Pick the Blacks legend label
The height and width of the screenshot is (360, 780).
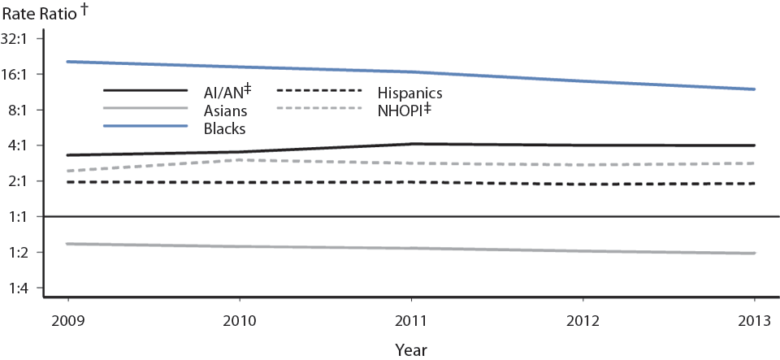[225, 128]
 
